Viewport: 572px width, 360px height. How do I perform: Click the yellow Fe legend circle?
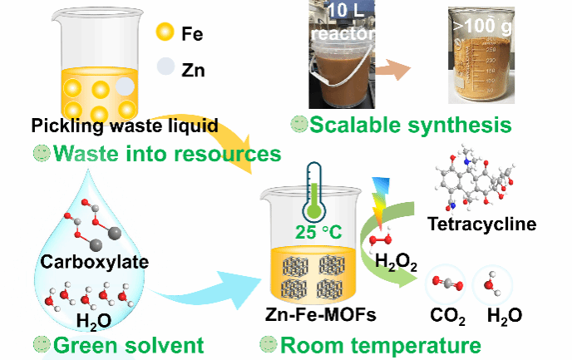[165, 33]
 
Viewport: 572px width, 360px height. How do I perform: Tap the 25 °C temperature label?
[318, 230]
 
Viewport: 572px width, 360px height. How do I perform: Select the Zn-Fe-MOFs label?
[317, 319]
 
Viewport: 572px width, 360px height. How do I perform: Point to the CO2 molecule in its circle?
[446, 284]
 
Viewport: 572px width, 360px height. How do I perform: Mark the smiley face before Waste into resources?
[40, 154]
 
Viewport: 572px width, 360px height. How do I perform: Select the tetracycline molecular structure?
[474, 175]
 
